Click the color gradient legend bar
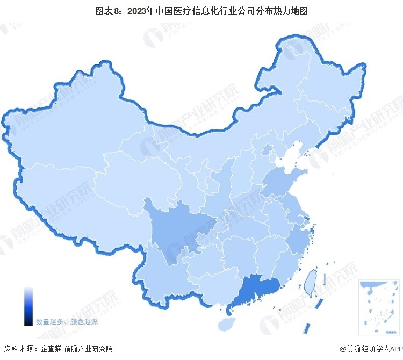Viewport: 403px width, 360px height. [28, 306]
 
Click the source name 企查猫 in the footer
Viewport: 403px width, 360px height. [52, 349]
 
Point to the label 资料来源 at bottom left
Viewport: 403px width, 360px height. [18, 349]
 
